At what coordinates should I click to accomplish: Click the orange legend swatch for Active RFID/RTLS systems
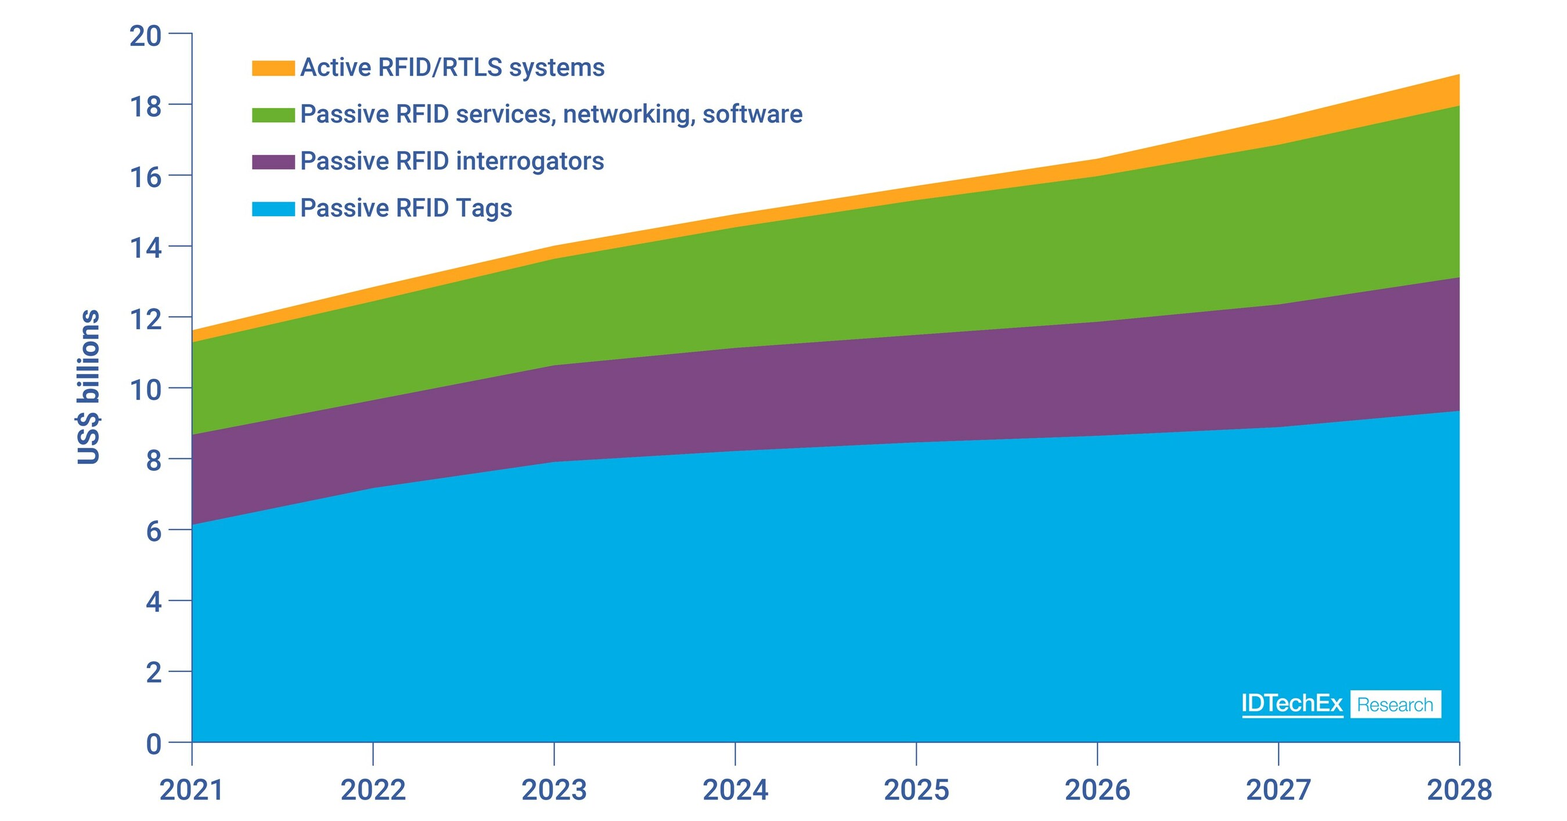pos(273,67)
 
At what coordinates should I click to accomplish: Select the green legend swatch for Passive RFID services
pos(273,114)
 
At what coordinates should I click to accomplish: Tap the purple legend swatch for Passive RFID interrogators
pos(273,162)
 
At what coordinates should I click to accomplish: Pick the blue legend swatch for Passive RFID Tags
pos(273,208)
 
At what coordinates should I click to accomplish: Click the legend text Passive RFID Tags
pos(406,208)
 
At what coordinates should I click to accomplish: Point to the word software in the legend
pos(752,114)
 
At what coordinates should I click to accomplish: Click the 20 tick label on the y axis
pos(145,36)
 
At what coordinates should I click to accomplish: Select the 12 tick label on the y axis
pos(145,319)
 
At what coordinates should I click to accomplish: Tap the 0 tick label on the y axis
pos(153,744)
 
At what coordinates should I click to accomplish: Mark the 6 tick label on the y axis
pos(153,531)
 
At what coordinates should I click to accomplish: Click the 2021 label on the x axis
pos(192,790)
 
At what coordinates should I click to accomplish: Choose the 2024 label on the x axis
pos(735,790)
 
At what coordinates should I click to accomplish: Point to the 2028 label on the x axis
pos(1459,790)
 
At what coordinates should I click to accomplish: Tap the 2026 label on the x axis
pos(1097,790)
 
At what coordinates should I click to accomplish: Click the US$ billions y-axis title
pos(89,387)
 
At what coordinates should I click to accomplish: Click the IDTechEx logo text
pos(1291,704)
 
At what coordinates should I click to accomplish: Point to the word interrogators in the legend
pos(529,161)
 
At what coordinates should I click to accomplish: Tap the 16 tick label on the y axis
pos(145,177)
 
